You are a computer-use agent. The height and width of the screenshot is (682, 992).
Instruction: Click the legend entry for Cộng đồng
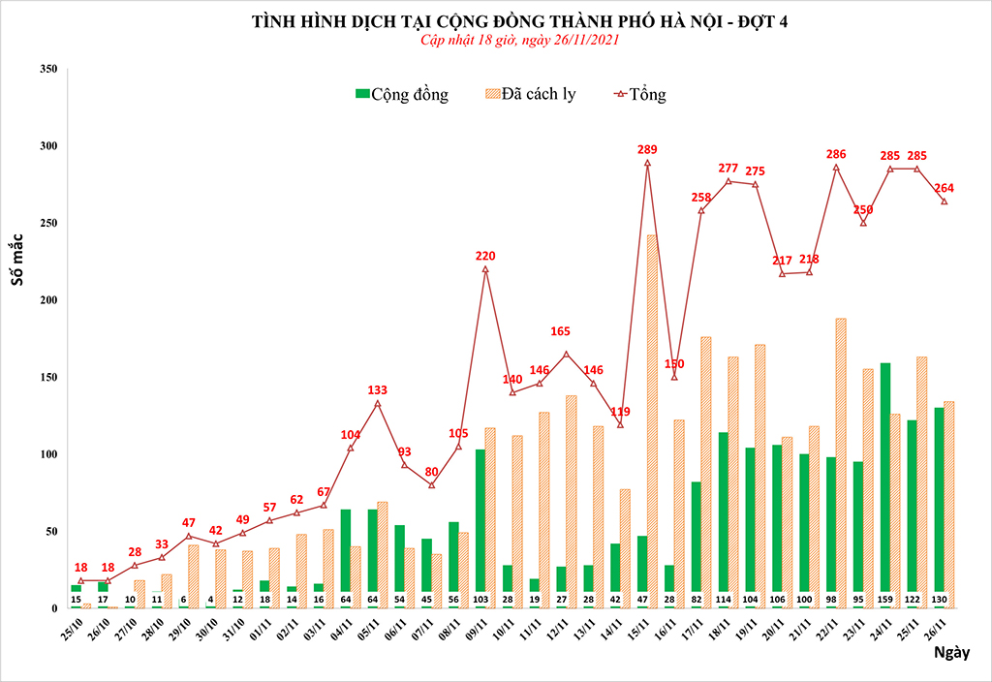point(402,94)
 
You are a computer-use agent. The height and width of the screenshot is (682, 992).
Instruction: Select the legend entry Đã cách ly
point(529,94)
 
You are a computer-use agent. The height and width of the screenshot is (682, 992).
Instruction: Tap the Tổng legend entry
point(640,94)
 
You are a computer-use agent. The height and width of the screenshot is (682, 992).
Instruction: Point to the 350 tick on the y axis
point(46,69)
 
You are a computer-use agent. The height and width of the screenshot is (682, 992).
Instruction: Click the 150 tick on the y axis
point(46,377)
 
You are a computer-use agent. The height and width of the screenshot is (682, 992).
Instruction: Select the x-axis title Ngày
point(952,652)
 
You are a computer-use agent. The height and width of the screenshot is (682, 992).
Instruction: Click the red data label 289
point(647,149)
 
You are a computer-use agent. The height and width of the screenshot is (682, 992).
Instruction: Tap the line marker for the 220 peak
point(485,269)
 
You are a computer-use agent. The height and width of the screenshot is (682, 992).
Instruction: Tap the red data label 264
point(945,188)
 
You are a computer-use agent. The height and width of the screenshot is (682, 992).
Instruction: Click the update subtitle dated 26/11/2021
point(519,41)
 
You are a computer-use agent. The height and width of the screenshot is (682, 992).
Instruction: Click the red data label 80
point(432,472)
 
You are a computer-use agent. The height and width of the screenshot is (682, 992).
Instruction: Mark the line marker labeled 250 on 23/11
point(863,223)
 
